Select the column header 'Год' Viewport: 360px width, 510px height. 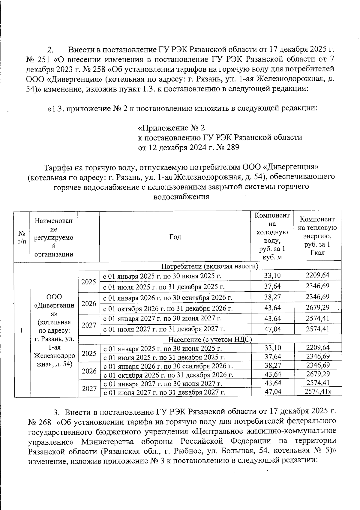[175, 237]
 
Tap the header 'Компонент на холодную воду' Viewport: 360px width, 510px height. [272, 236]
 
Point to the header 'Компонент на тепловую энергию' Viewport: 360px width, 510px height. [317, 236]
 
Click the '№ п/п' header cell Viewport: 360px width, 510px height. [22, 237]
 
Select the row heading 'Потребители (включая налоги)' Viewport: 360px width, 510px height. [210, 266]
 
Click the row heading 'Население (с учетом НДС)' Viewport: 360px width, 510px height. [210, 340]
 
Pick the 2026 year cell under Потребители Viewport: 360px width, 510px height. [89, 303]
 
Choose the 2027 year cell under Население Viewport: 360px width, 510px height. [89, 389]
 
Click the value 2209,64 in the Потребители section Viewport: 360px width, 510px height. [317, 275]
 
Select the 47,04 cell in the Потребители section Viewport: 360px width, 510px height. [272, 329]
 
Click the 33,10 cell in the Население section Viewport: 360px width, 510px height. [272, 348]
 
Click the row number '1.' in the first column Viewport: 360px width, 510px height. [22, 331]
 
